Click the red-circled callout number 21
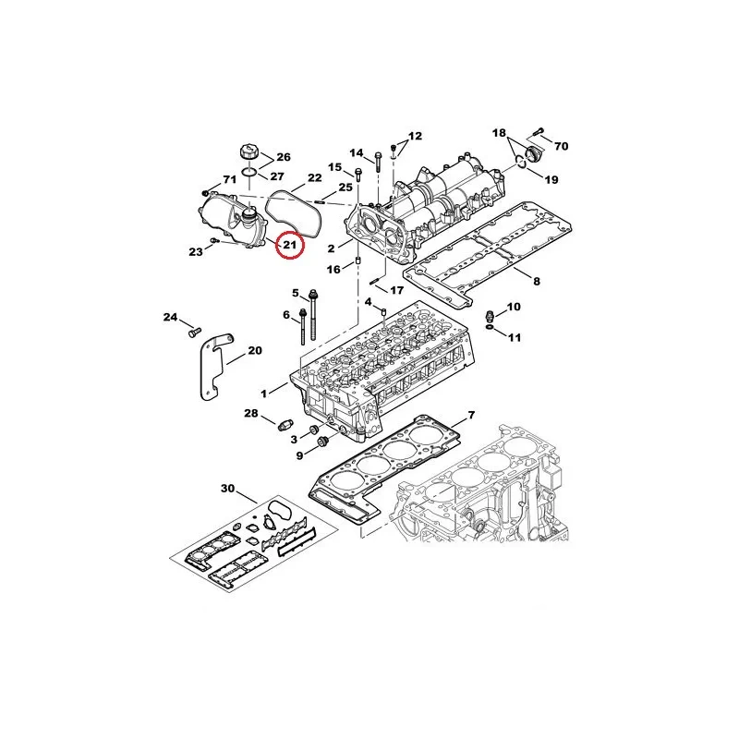coord(289,245)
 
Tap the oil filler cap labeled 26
coord(249,153)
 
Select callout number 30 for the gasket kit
coord(227,489)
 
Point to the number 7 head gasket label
coord(471,415)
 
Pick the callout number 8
coord(537,282)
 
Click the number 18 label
coord(499,133)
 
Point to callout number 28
coord(251,413)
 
